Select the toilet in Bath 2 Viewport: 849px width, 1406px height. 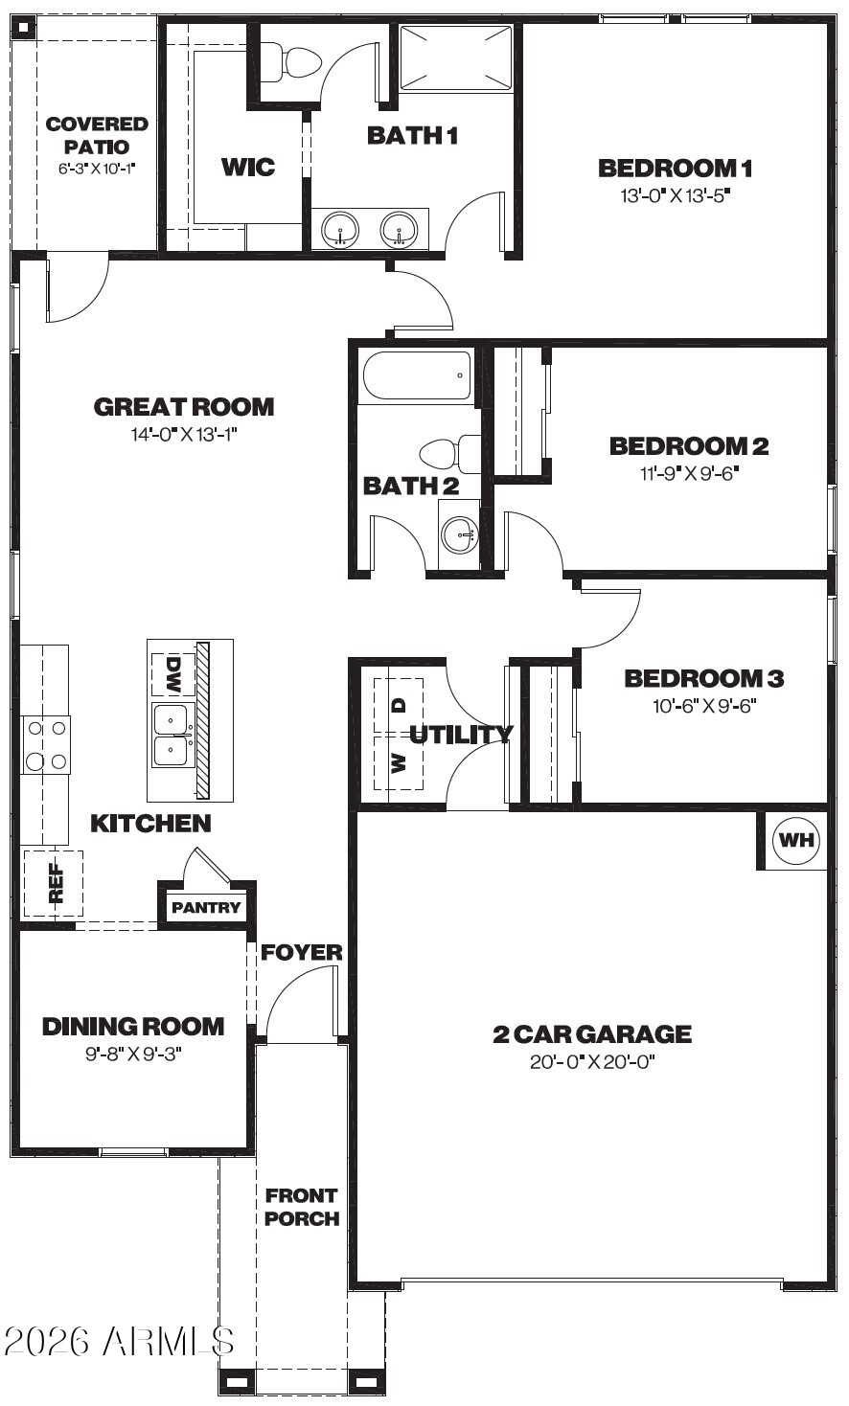[x=450, y=454]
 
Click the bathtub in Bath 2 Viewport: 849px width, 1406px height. [x=417, y=375]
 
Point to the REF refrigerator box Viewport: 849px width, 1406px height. [x=54, y=883]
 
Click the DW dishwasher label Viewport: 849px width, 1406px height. [x=172, y=675]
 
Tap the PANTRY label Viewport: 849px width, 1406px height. [x=206, y=907]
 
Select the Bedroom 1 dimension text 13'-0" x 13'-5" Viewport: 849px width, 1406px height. [x=676, y=195]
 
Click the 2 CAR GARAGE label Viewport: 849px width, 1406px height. [x=592, y=1033]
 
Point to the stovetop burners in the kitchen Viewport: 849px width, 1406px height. [x=46, y=745]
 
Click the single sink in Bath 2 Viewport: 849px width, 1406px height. [x=459, y=534]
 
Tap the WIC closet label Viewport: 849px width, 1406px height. [x=248, y=167]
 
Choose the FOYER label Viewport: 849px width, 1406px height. [x=302, y=952]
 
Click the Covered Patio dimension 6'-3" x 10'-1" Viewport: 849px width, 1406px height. [x=98, y=169]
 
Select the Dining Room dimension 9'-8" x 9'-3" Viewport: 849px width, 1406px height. [x=133, y=1054]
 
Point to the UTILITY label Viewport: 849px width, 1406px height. [x=461, y=734]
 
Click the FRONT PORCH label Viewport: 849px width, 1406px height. [x=302, y=1207]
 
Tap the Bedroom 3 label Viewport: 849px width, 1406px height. [x=704, y=678]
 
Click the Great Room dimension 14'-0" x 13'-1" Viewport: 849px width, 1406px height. [x=183, y=435]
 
